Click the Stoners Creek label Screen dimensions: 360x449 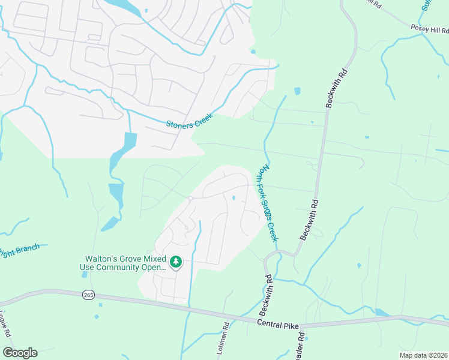click(x=189, y=121)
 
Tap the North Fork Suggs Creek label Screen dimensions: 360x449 click(x=268, y=204)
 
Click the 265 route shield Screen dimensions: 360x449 click(x=89, y=295)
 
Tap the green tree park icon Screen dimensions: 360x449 click(x=175, y=262)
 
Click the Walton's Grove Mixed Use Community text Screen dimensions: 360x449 click(x=124, y=262)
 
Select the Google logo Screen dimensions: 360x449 click(x=20, y=353)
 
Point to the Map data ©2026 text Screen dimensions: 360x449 click(x=423, y=355)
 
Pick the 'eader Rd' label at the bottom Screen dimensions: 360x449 click(x=301, y=344)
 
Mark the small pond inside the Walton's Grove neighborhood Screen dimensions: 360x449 click(x=233, y=197)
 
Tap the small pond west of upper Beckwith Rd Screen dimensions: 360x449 click(x=297, y=91)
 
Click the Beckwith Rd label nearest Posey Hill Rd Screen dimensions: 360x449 click(x=337, y=89)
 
